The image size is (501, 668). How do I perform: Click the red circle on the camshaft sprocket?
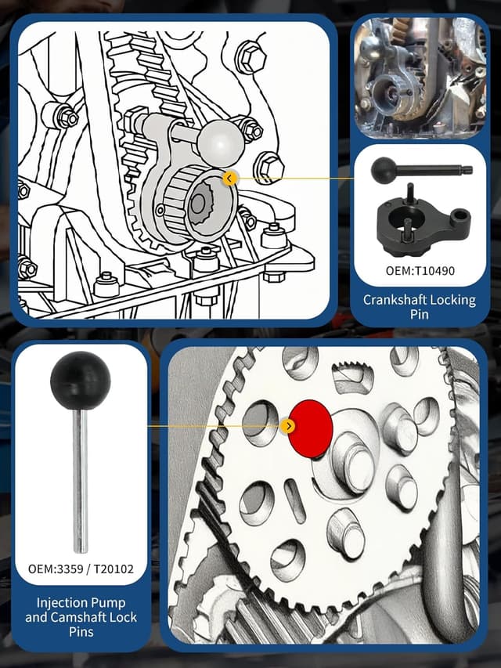[x=311, y=428]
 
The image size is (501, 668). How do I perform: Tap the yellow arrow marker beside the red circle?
[x=289, y=426]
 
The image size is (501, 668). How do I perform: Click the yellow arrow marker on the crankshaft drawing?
[x=229, y=179]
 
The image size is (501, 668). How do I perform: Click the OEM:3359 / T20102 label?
[x=81, y=568]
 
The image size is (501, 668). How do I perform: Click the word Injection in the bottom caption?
[x=61, y=602]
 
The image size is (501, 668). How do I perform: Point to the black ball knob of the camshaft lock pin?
[x=81, y=381]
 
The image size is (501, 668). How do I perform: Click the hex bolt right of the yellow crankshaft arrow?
[x=270, y=166]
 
